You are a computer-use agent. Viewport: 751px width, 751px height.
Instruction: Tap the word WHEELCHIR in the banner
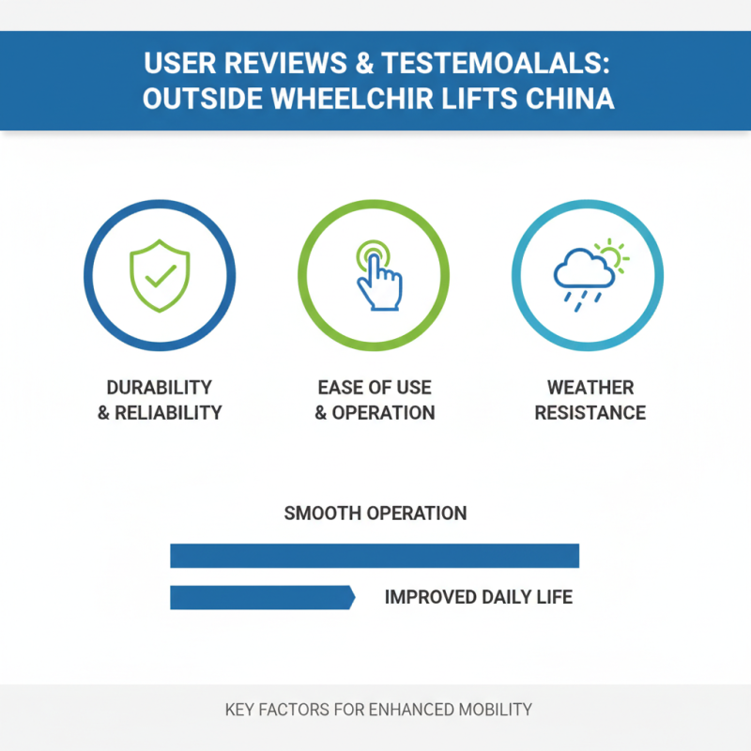[353, 99]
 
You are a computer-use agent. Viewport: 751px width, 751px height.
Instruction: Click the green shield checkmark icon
[160, 275]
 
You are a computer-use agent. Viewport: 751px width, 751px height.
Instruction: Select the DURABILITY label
[160, 388]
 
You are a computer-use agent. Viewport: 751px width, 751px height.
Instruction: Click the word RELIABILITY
[168, 413]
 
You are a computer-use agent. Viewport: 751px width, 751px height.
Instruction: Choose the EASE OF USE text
[375, 388]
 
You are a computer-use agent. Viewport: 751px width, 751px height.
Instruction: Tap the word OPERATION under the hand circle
[383, 413]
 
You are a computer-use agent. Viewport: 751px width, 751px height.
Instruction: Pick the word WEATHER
[590, 388]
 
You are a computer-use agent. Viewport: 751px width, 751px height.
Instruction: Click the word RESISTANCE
[590, 413]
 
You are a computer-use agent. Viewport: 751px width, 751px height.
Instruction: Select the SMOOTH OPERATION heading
[375, 513]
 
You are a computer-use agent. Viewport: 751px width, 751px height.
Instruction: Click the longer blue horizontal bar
[375, 556]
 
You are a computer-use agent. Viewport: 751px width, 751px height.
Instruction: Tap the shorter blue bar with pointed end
[263, 597]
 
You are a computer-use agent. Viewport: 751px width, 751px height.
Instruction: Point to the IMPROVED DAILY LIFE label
[479, 597]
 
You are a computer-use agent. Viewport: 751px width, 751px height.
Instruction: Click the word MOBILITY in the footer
[496, 710]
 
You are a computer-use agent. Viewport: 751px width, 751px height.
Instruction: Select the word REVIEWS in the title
[286, 63]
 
